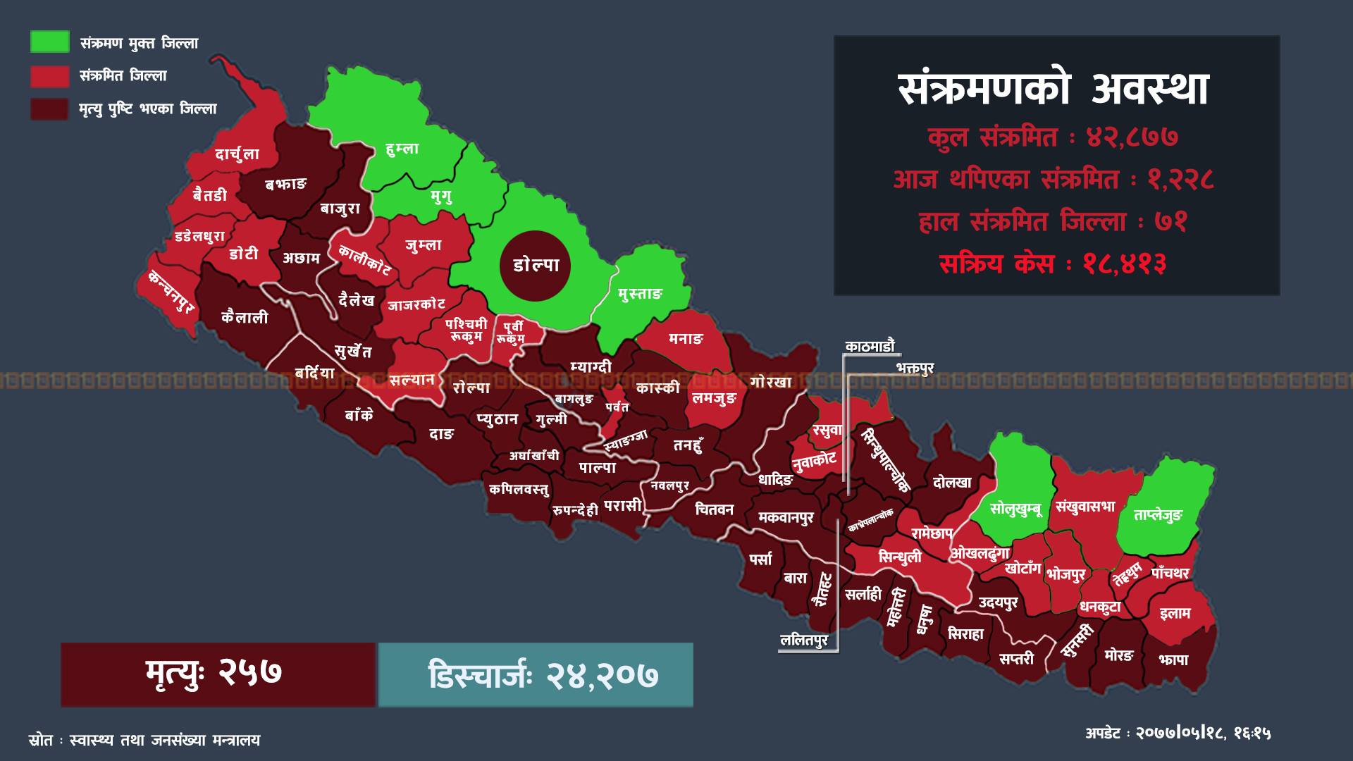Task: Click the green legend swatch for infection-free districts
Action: (49, 42)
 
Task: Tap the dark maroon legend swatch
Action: (49, 109)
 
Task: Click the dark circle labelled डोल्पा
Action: (536, 266)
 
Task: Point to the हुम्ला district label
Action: (402, 149)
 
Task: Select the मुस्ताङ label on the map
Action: (640, 294)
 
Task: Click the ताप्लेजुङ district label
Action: (1158, 515)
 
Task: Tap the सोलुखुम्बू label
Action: (1015, 508)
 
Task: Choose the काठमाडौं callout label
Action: (870, 347)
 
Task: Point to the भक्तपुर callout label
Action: (914, 368)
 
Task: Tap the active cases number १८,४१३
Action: (1125, 264)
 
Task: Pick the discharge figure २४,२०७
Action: (603, 675)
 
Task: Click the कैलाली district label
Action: (245, 317)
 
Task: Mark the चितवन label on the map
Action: (714, 509)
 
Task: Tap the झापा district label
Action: (1173, 660)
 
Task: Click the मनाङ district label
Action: (686, 339)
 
